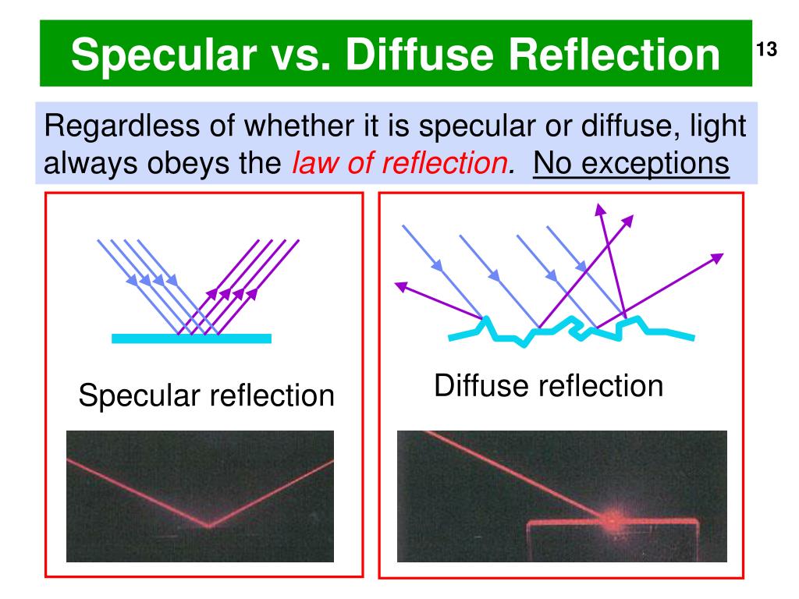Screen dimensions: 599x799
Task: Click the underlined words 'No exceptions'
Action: click(631, 164)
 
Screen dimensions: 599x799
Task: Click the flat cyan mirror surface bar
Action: click(191, 338)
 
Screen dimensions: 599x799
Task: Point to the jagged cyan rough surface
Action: click(570, 331)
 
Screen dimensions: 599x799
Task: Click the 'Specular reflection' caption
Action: click(206, 396)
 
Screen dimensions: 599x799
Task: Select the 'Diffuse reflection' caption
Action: click(549, 385)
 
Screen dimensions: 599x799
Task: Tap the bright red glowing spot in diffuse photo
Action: click(611, 516)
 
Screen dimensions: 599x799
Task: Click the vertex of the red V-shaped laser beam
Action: click(209, 525)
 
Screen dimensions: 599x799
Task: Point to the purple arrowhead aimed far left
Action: click(402, 286)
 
